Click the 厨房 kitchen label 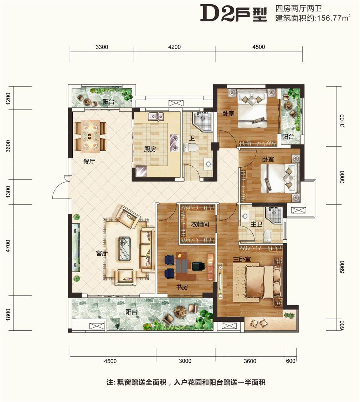pos(150,149)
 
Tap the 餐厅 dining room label pos(89,162)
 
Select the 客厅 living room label pos(102,253)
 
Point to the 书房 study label pos(182,287)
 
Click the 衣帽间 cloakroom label pos(200,224)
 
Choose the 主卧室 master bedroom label pos(242,259)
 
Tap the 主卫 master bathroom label pos(256,224)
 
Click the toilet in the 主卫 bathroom pos(267,236)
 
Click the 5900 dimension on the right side pos(342,267)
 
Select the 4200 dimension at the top pos(174,47)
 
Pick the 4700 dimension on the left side pos(8,246)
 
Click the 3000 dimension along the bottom pos(185,361)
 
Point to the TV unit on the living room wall pos(76,248)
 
